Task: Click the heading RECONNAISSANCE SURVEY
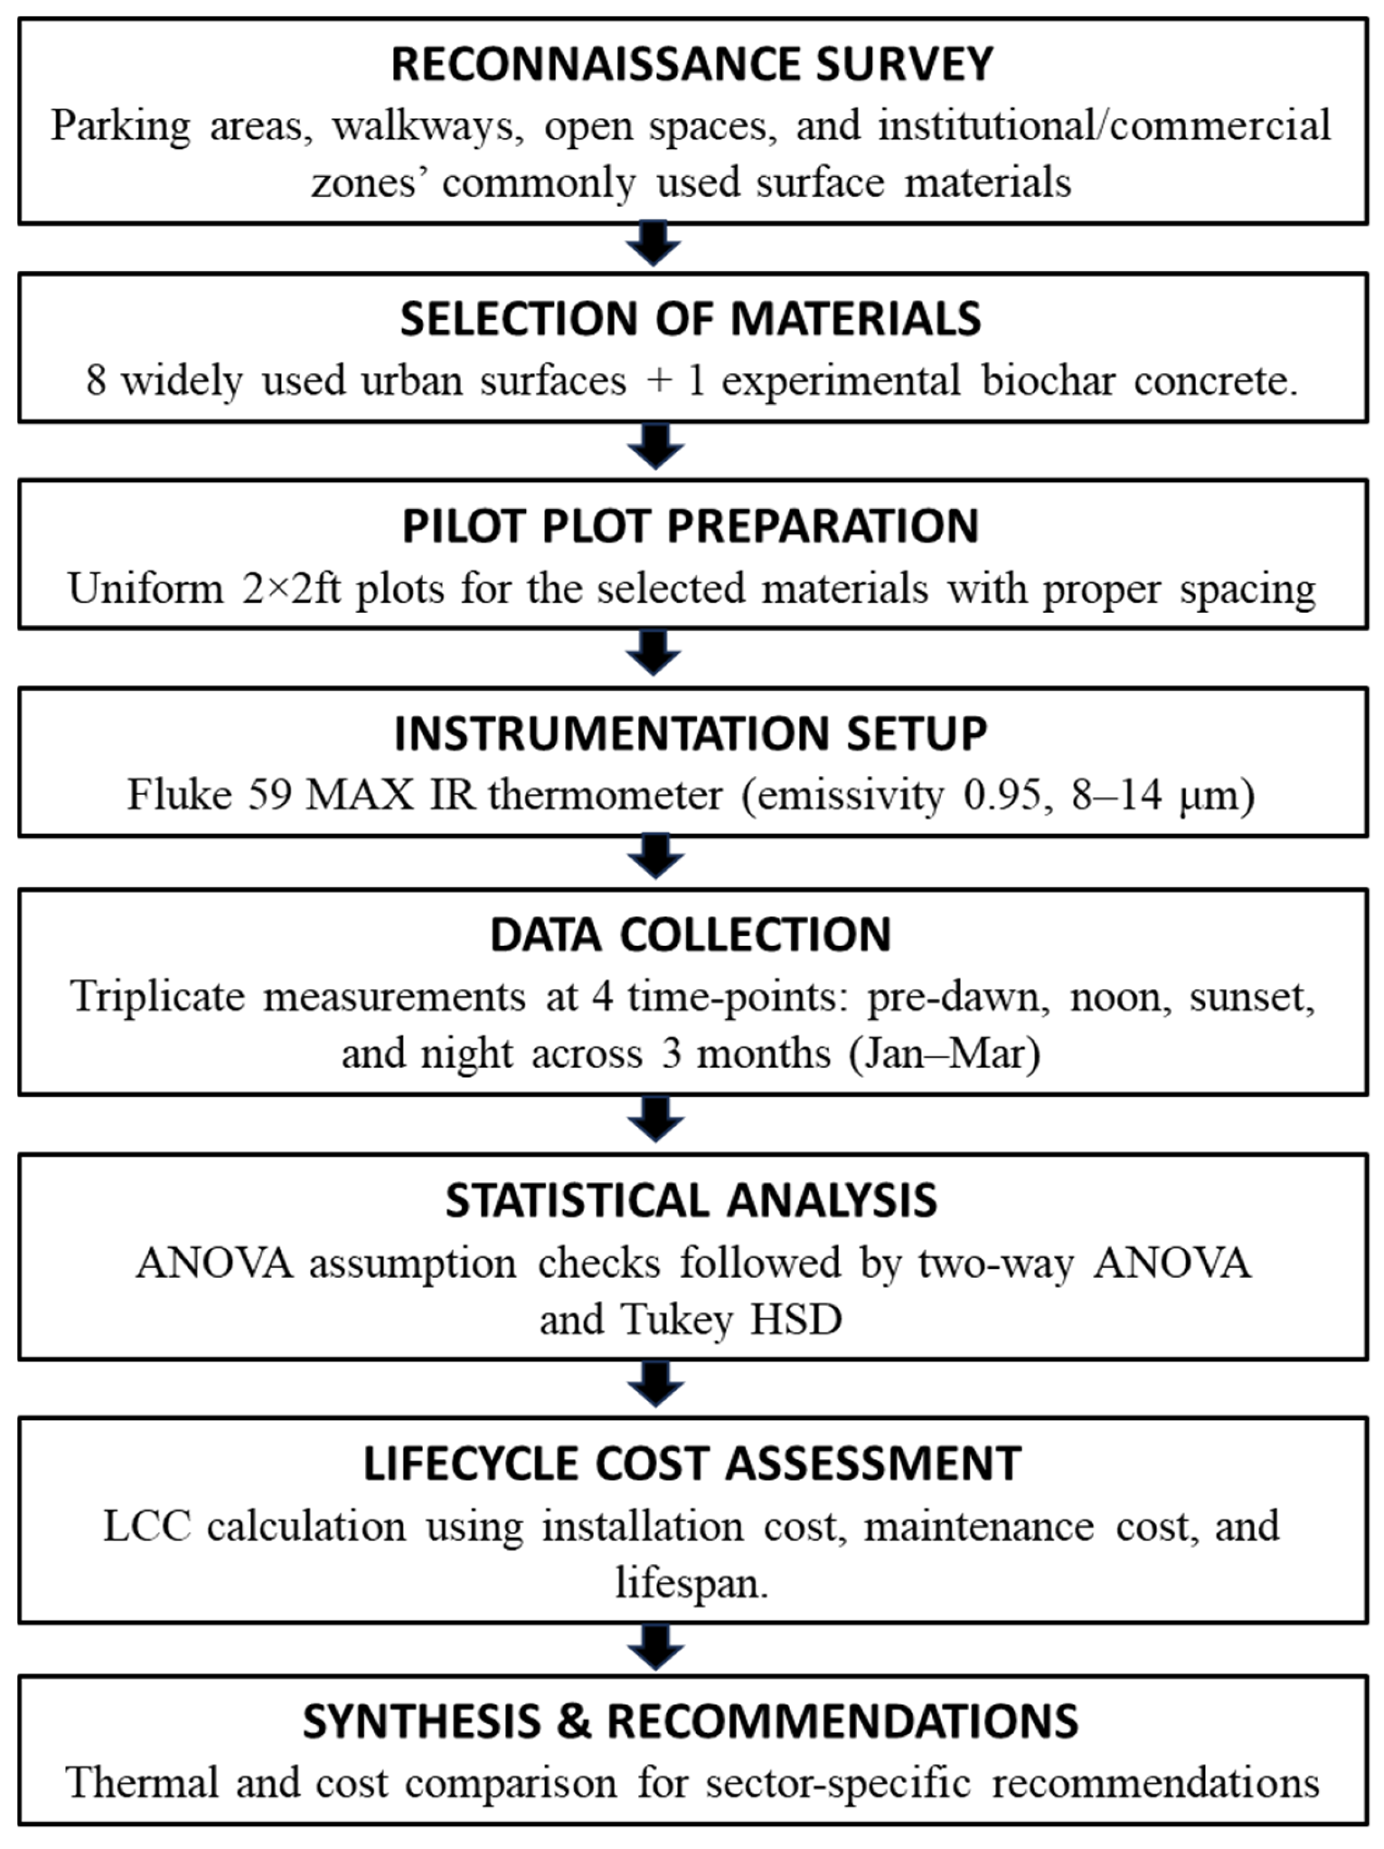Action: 692,64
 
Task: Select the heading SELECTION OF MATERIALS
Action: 691,319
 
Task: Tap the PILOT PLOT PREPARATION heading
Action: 691,526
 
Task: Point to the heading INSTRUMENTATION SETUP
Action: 691,734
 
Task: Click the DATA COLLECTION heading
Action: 691,935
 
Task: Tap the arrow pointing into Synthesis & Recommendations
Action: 655,1647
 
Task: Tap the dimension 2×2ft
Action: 292,588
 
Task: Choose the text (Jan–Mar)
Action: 944,1053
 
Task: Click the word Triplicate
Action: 157,996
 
